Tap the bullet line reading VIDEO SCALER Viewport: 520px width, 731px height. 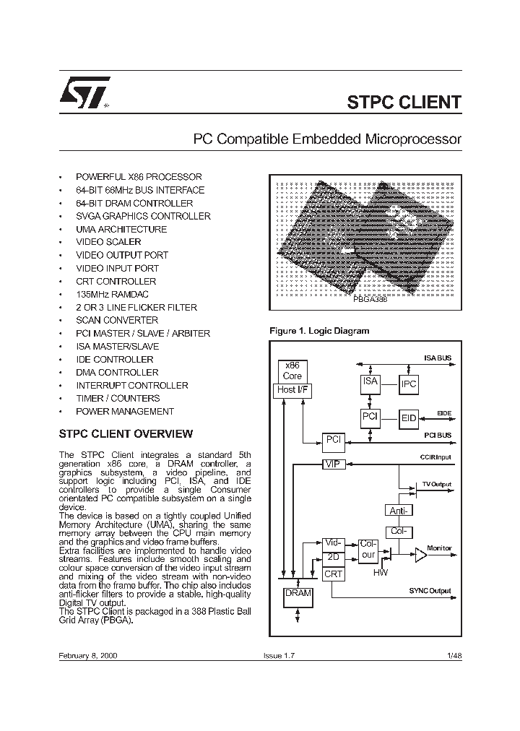click(x=108, y=242)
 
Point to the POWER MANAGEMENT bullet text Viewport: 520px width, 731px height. click(x=124, y=411)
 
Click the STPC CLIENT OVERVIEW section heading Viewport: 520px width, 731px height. click(x=125, y=434)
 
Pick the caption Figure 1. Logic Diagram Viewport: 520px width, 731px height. click(x=318, y=331)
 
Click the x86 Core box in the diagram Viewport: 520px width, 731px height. click(x=292, y=371)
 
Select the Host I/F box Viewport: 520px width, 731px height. click(x=292, y=390)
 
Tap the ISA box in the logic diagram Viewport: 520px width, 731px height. click(x=370, y=382)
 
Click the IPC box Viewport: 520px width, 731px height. click(x=409, y=384)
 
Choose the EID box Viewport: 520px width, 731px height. click(x=409, y=418)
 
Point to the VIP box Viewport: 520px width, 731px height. click(x=332, y=464)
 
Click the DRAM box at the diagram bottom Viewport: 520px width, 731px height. click(x=298, y=594)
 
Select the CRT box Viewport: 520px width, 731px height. click(x=333, y=574)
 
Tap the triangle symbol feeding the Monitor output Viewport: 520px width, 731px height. click(x=420, y=555)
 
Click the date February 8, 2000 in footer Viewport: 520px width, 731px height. click(x=88, y=654)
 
